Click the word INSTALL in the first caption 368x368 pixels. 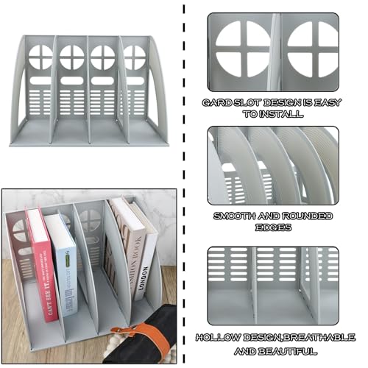point(281,114)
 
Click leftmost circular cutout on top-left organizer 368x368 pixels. point(41,56)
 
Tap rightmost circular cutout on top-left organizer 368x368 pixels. point(135,56)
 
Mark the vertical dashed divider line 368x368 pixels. point(183,184)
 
